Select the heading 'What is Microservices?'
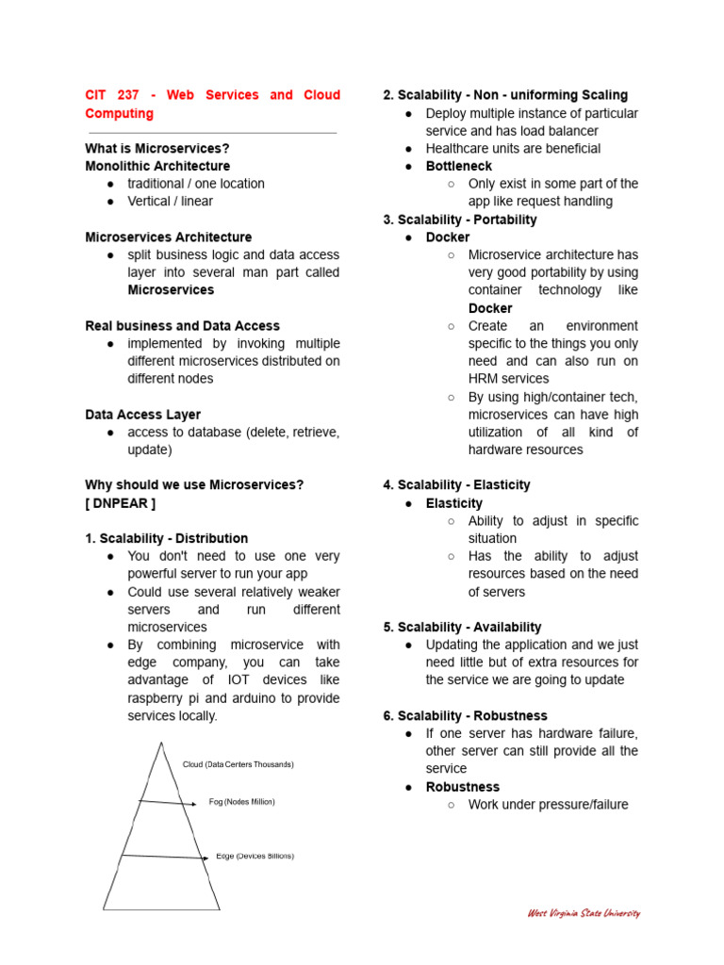coord(157,148)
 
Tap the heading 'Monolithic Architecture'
coord(157,166)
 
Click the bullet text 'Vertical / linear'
coord(171,201)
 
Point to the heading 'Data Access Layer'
coord(142,414)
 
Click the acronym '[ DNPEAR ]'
coord(121,502)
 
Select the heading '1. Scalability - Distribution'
coord(167,538)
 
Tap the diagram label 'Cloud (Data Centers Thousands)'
coord(238,764)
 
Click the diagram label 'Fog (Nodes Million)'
coord(241,802)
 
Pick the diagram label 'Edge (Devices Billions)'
coord(255,856)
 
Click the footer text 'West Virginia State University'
coord(584,912)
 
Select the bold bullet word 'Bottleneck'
coord(459,166)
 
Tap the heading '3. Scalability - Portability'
coord(460,220)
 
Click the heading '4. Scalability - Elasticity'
coord(456,484)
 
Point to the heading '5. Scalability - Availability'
coord(462,627)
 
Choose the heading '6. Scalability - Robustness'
coord(465,715)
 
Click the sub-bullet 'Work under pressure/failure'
coord(548,804)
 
